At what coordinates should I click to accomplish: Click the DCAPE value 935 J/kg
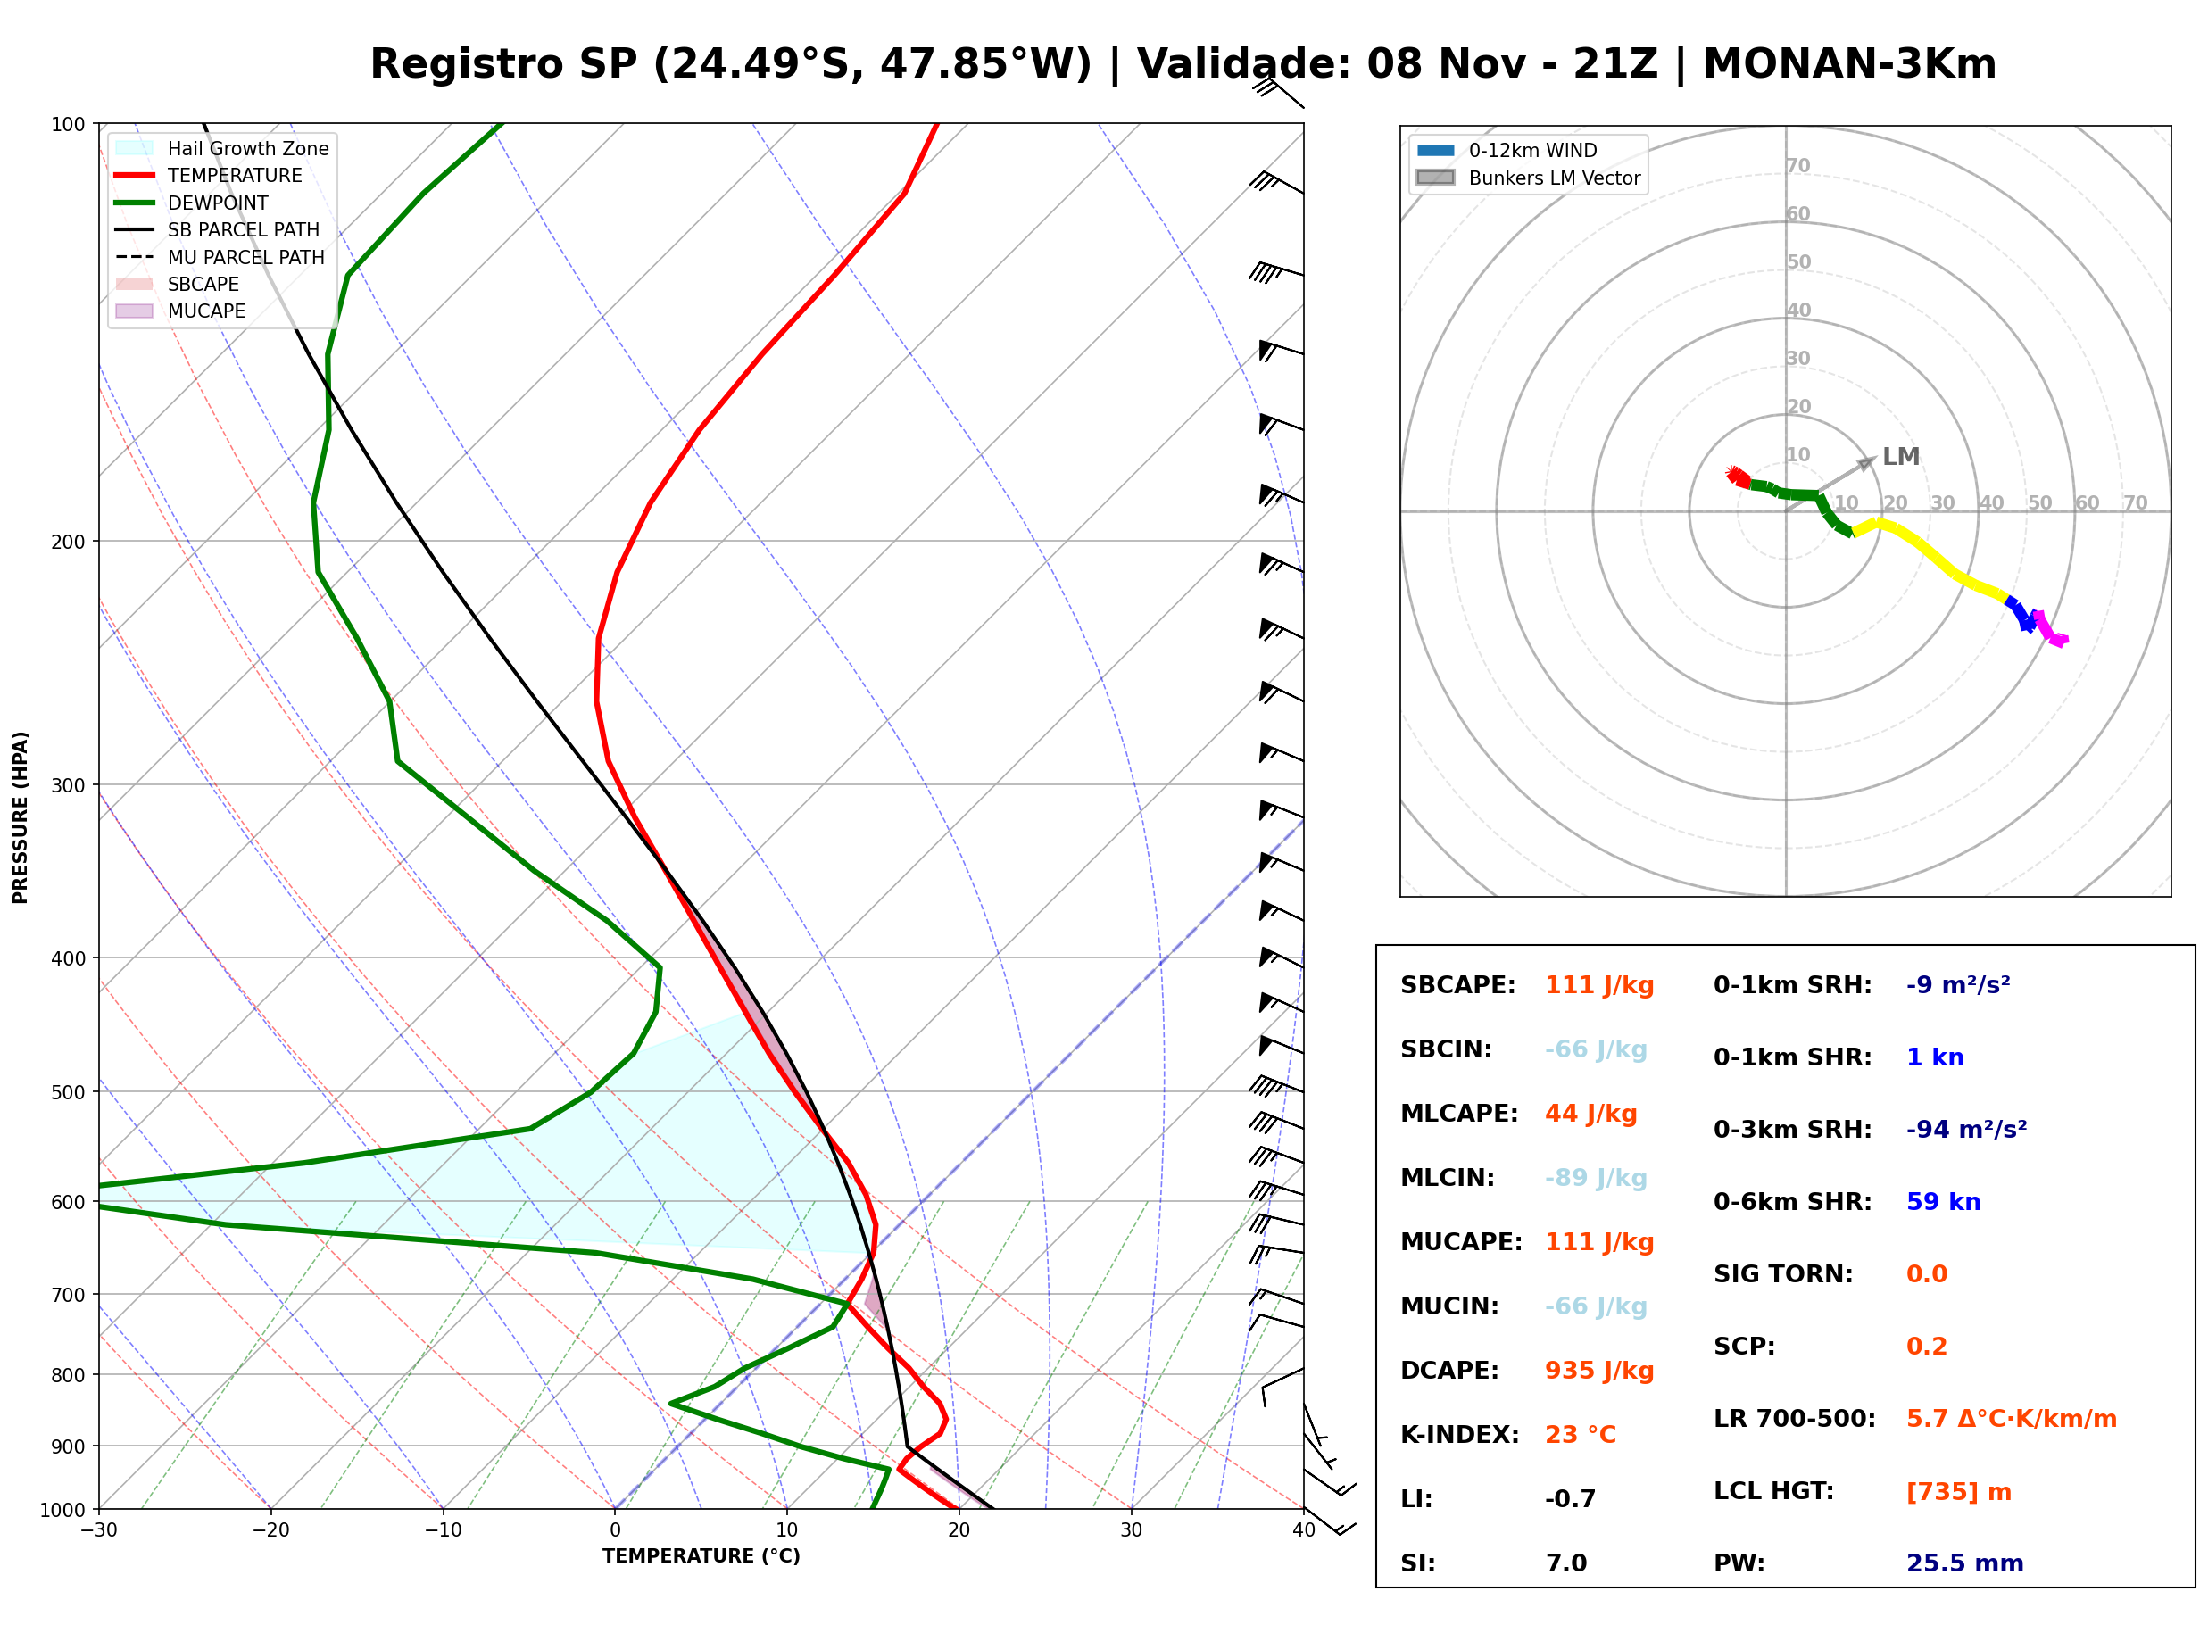1598,1370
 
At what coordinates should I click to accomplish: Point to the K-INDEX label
1459,1434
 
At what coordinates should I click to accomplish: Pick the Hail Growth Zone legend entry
221,148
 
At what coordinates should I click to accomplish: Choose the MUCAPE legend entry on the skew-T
180,311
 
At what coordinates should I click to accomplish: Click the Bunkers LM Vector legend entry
1528,178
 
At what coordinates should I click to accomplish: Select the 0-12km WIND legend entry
1507,150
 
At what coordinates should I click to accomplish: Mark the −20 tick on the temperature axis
270,1530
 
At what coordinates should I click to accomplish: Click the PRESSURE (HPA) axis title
21,816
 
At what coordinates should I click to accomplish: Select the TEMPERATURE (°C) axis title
701,1556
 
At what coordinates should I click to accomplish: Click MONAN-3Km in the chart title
1848,64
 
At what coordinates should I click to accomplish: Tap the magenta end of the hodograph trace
2060,641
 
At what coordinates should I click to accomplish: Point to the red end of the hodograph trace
1732,474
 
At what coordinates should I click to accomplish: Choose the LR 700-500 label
1794,1419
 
